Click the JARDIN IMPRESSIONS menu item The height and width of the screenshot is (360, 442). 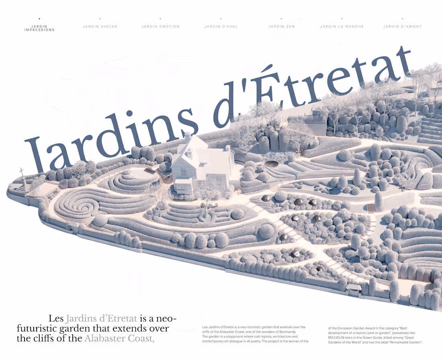[39, 28]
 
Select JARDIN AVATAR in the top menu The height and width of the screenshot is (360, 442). [100, 27]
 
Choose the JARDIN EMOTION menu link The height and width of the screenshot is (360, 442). [160, 27]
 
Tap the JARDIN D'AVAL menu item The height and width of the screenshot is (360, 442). [221, 27]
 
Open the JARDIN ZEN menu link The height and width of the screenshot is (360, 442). [281, 27]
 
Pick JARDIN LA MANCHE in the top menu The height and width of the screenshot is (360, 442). [342, 27]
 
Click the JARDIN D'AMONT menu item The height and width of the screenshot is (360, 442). [402, 27]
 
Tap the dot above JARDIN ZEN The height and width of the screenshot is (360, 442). [281, 18]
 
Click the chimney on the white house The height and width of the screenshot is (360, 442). [187, 137]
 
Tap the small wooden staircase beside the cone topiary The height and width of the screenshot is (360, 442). [370, 208]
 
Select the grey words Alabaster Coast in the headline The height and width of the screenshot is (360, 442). [119, 338]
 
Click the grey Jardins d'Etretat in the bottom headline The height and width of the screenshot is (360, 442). [101, 319]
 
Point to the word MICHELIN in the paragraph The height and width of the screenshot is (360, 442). [338, 337]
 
